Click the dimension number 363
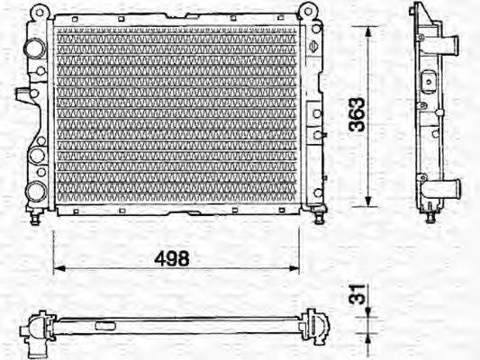pos(357,115)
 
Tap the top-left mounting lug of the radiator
pos(37,13)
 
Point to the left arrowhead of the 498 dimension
pos(58,268)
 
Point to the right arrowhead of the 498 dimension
pos(294,268)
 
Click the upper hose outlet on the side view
pos(447,45)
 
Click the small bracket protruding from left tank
pos(22,92)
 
